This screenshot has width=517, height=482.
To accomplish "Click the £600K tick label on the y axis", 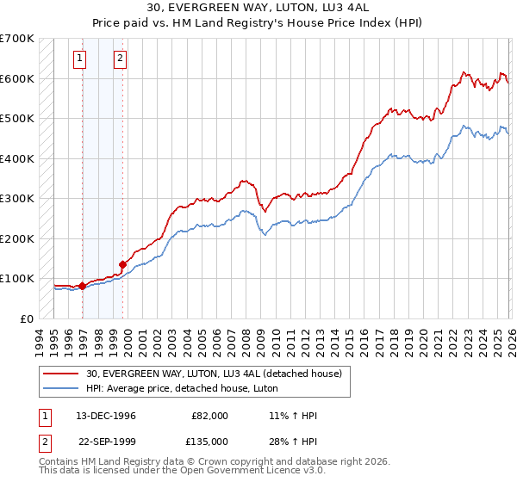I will (x=17, y=78).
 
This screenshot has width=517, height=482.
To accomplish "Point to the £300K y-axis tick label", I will (x=17, y=199).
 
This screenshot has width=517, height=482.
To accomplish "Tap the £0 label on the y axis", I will (x=27, y=318).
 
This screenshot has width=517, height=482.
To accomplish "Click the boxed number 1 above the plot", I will (x=79, y=59).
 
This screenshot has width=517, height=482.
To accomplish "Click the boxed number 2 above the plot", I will (x=120, y=59).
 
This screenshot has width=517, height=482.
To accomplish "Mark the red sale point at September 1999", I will (x=122, y=264).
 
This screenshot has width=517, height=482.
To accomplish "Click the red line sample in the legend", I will (x=61, y=374).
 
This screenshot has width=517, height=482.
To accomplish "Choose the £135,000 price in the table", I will (x=209, y=441).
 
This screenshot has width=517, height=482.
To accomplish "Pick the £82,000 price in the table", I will (x=209, y=416).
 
